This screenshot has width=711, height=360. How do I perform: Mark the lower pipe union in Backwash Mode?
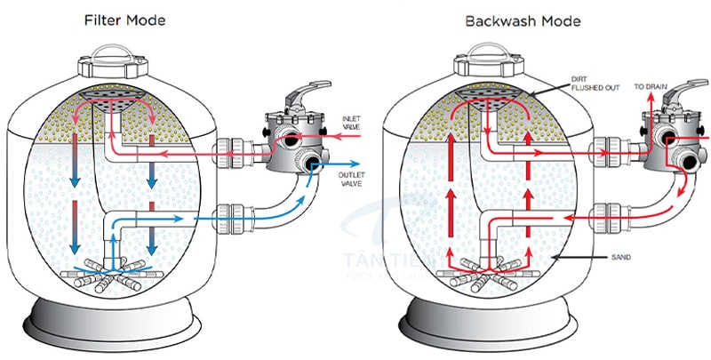click(611, 214)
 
